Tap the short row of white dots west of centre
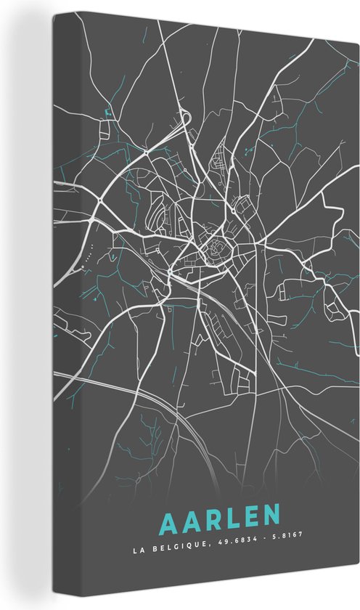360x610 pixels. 89,256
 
